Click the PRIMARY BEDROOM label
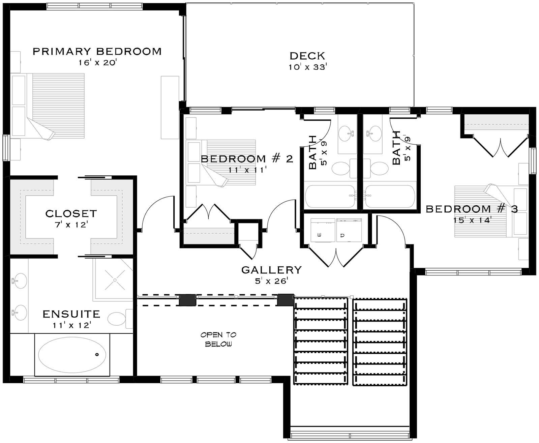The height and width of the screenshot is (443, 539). [97, 51]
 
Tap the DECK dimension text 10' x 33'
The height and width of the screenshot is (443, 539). [307, 67]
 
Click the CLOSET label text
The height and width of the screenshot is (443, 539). [71, 213]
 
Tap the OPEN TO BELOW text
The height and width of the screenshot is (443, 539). [218, 339]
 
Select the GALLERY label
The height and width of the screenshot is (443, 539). [271, 270]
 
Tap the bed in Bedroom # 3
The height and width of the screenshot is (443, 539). [484, 211]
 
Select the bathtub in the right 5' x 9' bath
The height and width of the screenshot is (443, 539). [390, 196]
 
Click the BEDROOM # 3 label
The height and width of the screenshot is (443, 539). [472, 209]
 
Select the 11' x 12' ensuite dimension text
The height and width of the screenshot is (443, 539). [71, 325]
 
